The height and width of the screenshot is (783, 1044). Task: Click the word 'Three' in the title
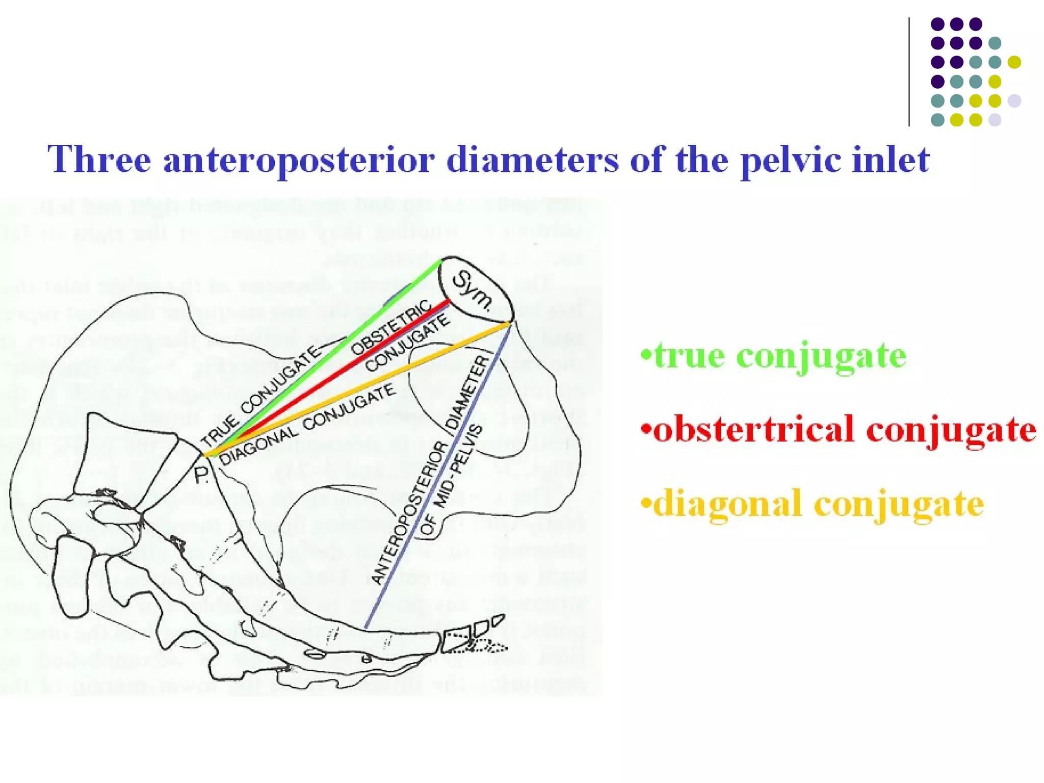(99, 159)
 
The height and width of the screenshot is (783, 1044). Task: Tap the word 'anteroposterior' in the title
(299, 160)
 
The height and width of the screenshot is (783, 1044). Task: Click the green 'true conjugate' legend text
(774, 355)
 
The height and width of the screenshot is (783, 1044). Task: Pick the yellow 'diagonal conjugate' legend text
(813, 504)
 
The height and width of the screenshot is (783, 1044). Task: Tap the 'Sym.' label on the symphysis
(473, 291)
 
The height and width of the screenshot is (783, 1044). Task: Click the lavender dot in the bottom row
(995, 120)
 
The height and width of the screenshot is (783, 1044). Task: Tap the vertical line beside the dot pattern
(909, 71)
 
